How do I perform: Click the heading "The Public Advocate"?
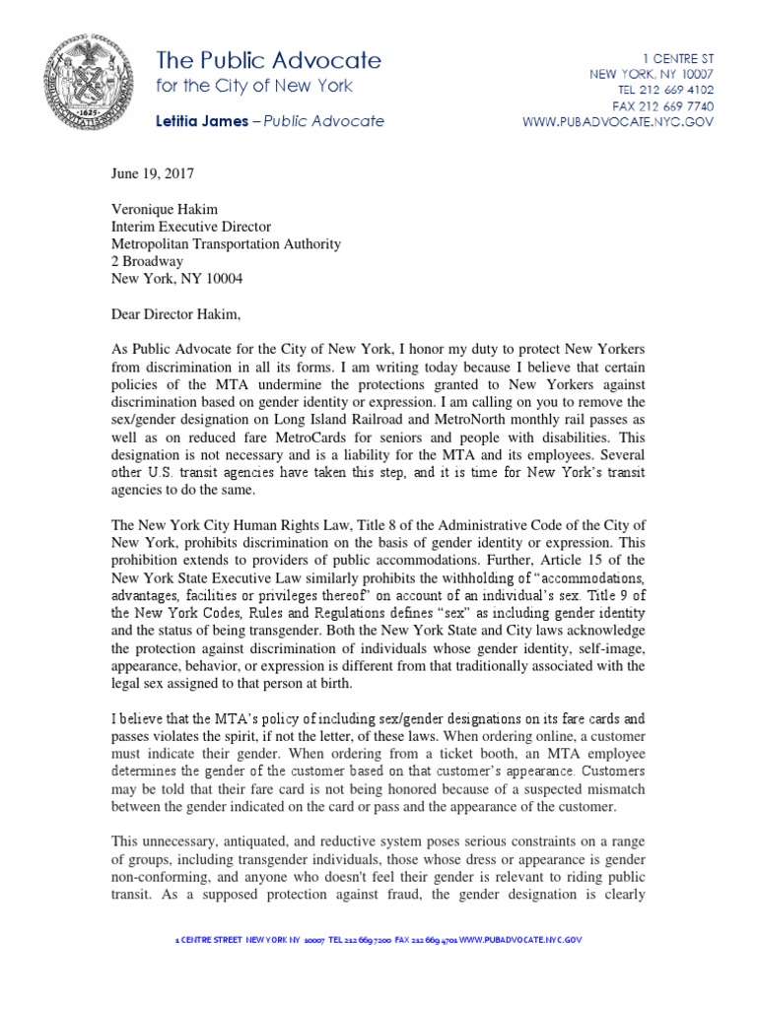click(x=268, y=60)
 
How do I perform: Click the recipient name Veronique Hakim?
click(x=162, y=209)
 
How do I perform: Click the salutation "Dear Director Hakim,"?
click(x=176, y=314)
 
